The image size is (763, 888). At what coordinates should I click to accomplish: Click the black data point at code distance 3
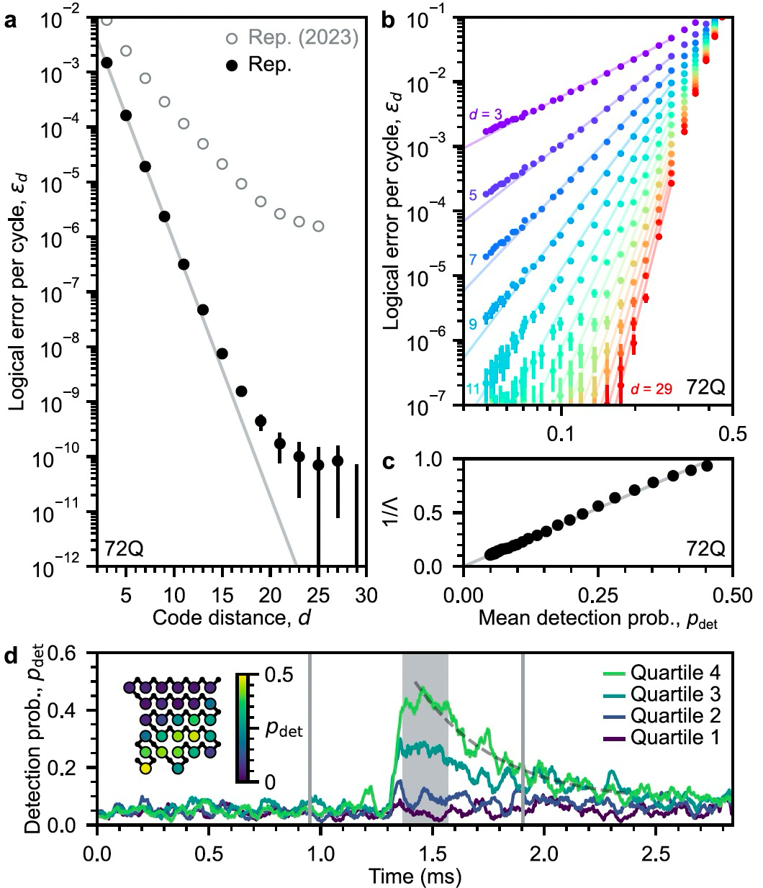[x=107, y=63]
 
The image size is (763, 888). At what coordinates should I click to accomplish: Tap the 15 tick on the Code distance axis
[x=222, y=594]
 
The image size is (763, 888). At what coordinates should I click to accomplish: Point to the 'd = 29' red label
[x=652, y=389]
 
